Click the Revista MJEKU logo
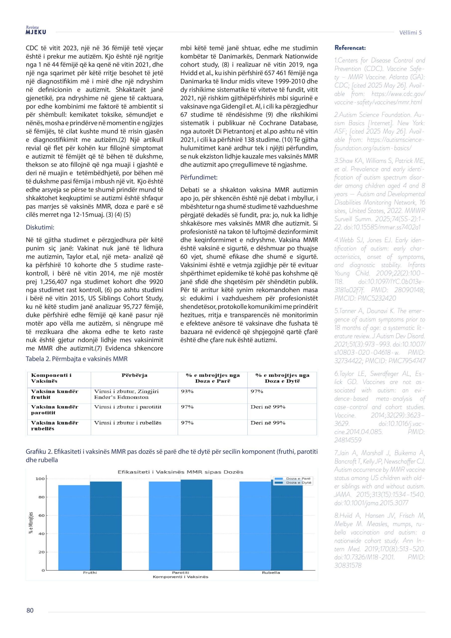tap(36, 30)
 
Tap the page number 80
tap(30, 618)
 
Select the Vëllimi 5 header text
tap(410, 32)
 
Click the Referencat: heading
tap(350, 48)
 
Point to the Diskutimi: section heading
tap(40, 227)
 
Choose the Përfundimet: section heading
tap(199, 177)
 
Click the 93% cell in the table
tap(187, 391)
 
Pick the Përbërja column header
tap(134, 375)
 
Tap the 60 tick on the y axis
tap(41, 515)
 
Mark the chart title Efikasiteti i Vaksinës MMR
tap(180, 472)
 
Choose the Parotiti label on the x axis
tap(180, 573)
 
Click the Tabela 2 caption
tap(76, 359)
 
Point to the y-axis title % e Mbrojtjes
tap(31, 522)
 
